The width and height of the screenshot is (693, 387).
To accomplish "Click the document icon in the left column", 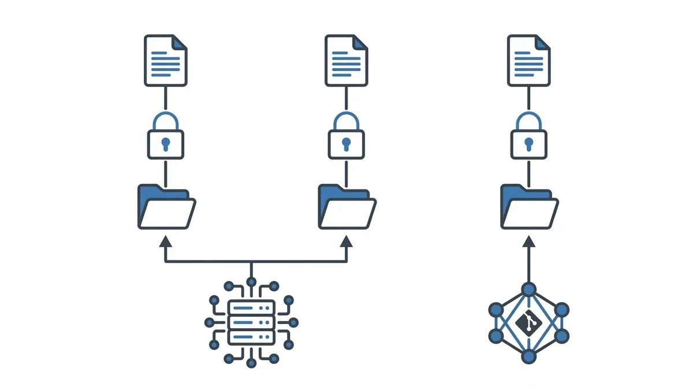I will click(x=166, y=61).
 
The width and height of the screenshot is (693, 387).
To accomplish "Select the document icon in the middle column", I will click(x=346, y=61).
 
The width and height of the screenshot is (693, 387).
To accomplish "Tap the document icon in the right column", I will click(x=528, y=61).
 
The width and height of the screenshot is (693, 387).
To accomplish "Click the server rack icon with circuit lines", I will click(x=251, y=322).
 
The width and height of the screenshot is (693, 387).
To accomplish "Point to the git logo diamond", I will click(x=528, y=323).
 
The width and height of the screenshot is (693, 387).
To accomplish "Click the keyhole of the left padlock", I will click(x=166, y=143).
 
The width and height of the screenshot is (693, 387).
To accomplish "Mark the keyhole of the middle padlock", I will click(x=346, y=143).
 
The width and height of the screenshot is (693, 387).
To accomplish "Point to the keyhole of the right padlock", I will click(x=528, y=143).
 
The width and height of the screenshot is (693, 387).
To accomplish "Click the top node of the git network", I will click(x=528, y=289).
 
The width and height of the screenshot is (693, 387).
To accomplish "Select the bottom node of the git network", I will click(x=528, y=356).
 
